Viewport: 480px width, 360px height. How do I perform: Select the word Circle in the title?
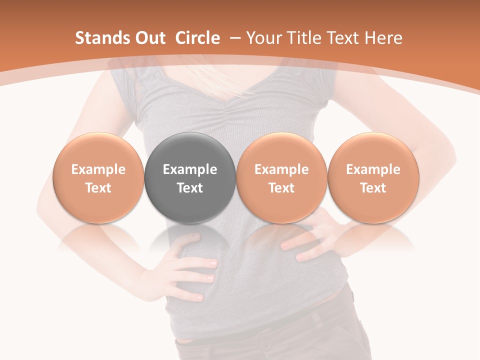tap(197, 38)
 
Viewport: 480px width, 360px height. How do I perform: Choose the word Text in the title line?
tap(343, 38)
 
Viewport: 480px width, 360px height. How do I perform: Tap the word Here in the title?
tap(383, 38)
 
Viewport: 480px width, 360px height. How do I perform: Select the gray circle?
tap(190, 150)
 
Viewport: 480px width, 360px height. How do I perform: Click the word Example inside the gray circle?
tap(190, 169)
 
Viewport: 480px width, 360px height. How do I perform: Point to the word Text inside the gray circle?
tap(190, 188)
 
